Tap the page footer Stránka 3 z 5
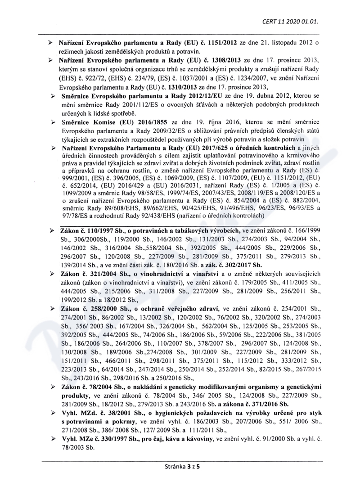coord(180,466)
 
